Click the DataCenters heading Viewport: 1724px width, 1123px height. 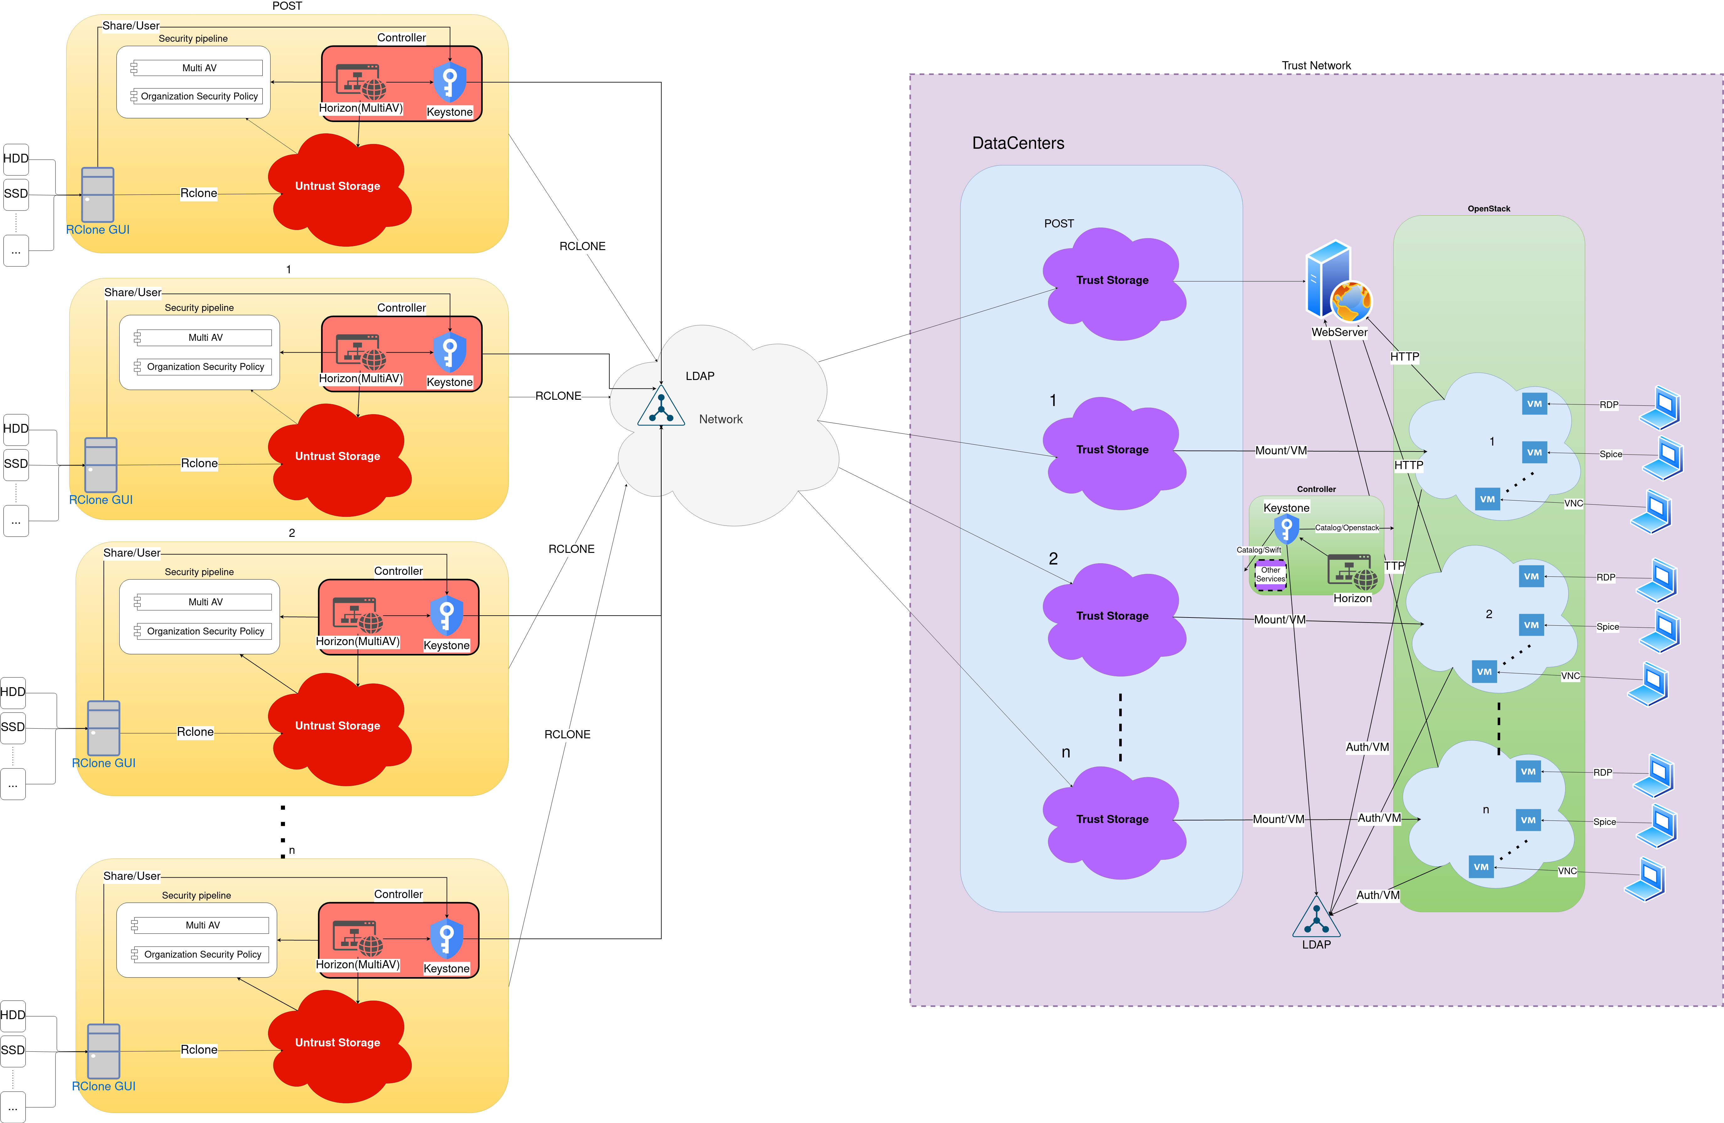click(1018, 143)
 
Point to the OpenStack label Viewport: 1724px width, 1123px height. click(1489, 209)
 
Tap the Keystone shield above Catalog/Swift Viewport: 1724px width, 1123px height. click(1286, 529)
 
